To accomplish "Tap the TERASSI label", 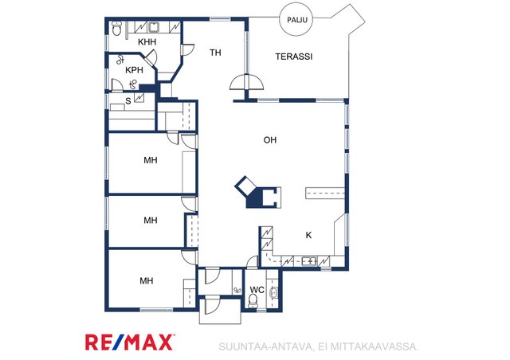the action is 294,57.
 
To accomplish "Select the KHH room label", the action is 147,42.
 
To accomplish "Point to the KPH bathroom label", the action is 134,70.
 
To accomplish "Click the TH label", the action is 215,53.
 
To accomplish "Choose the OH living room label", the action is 269,140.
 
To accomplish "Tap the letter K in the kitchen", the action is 308,235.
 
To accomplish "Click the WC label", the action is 257,289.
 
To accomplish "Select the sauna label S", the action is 128,101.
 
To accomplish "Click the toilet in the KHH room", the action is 116,29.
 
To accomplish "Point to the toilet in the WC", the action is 253,301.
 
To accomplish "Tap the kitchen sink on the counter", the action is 309,261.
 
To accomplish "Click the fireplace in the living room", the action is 258,193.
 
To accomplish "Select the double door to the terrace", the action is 246,82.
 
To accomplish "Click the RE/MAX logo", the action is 130,342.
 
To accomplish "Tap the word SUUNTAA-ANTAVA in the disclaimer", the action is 265,346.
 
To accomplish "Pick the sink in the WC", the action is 274,292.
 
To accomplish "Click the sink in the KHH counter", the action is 154,27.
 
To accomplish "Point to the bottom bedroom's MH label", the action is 147,280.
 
